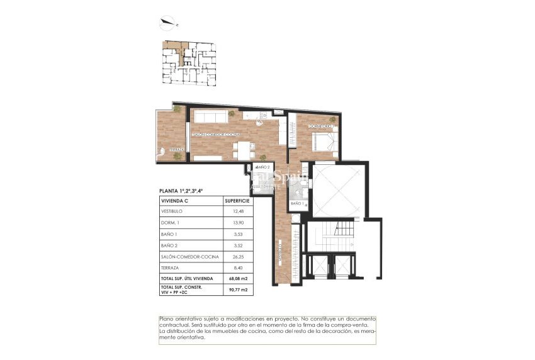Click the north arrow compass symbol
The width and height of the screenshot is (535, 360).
169,24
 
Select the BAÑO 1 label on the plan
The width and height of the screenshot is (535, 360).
297,204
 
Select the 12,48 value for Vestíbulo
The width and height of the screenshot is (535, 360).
238,211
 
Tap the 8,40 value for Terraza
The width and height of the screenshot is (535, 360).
238,267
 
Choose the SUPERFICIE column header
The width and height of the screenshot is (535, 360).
238,200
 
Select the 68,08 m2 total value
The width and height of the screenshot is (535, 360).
237,278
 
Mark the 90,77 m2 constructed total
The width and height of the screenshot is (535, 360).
237,290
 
